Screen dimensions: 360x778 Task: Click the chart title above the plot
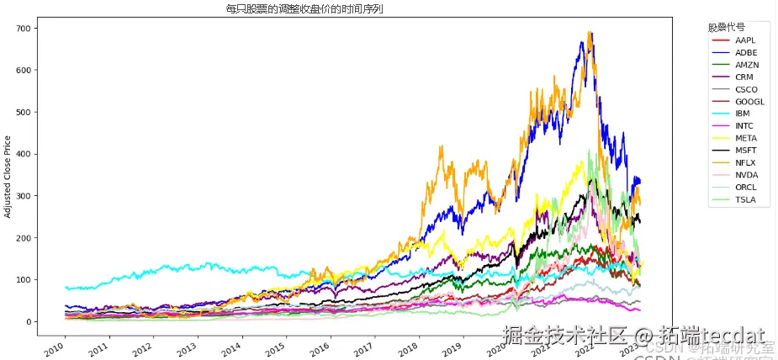[310, 9]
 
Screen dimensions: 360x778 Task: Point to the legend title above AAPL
[726, 27]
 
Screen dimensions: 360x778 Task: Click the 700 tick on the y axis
[23, 29]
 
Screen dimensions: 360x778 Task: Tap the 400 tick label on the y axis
[23, 154]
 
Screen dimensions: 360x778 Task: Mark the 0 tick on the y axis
[29, 321]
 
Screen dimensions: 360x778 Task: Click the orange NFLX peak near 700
[590, 34]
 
